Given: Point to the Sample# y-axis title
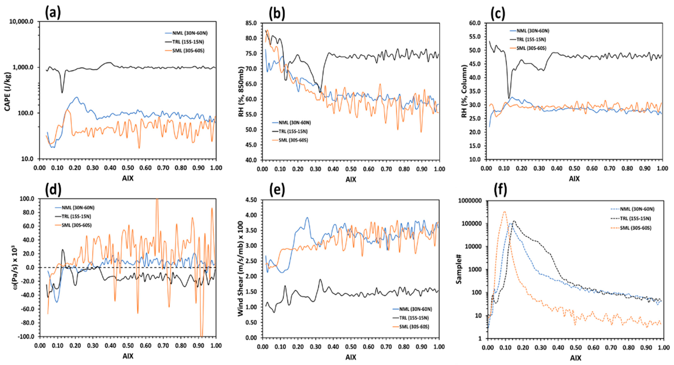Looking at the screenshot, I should pyautogui.click(x=459, y=270).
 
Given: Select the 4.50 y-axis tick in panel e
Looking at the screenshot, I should pyautogui.click(x=251, y=200).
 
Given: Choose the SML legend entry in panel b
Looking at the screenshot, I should pyautogui.click(x=293, y=140).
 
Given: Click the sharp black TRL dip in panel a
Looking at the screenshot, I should pyautogui.click(x=62, y=92).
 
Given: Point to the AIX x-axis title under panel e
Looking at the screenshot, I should pyautogui.click(x=351, y=357).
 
